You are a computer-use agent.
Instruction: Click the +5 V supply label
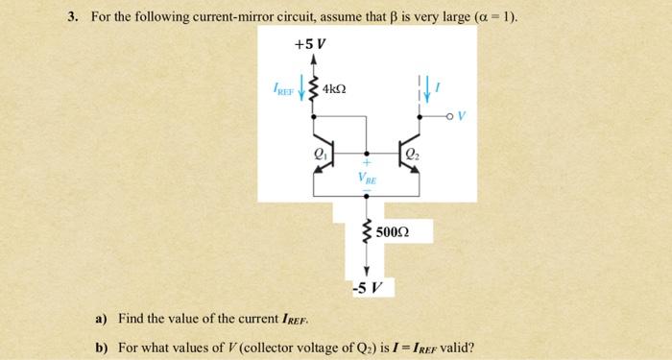pos(312,44)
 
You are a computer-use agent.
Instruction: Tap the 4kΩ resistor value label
pos(335,88)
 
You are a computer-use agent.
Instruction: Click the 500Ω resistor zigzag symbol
pos(365,231)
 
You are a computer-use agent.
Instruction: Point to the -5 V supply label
pos(365,286)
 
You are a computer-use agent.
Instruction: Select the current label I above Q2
pos(439,87)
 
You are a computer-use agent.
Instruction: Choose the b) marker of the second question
pos(99,346)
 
